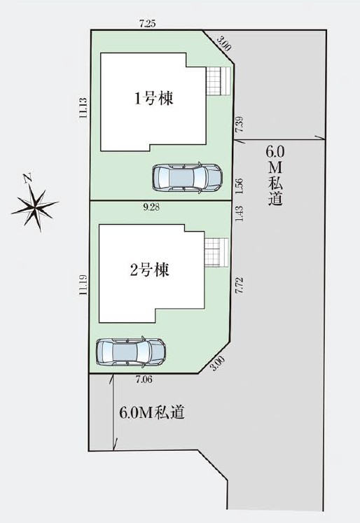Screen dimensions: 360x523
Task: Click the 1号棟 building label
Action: pos(154,99)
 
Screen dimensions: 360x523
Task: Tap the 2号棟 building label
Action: pos(150,270)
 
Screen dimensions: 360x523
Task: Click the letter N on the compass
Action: pos(28,178)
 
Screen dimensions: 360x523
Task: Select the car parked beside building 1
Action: pos(187,177)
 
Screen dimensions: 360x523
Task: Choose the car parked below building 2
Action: pos(131,352)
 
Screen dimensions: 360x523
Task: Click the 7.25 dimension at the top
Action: pos(147,24)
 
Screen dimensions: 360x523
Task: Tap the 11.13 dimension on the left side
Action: pos(83,107)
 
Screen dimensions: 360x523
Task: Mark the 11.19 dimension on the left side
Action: pos(83,285)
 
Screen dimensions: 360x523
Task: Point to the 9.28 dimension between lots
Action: pos(151,207)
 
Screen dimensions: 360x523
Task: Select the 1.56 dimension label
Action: pos(239,186)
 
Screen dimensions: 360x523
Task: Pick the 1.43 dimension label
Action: pos(239,214)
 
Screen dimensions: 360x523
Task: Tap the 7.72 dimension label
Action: pos(239,286)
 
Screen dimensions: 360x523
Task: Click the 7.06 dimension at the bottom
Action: pos(144,379)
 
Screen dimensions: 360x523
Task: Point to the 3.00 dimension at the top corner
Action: pos(223,43)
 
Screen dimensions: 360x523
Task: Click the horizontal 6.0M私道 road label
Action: pos(152,413)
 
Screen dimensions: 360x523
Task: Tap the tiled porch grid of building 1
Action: pos(219,81)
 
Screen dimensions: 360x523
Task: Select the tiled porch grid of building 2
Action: pos(216,252)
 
